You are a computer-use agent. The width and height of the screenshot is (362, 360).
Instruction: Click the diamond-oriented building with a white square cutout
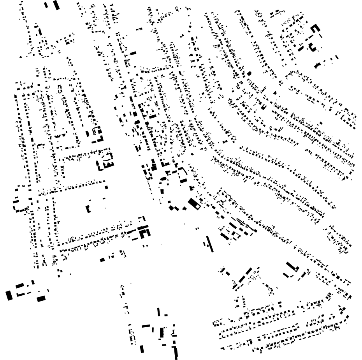pyautogui.click(x=193, y=203)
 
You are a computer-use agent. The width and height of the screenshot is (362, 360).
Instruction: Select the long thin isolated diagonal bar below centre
pyautogui.click(x=209, y=244)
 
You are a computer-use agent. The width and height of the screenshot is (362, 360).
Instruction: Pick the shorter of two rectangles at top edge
pyautogui.click(x=46, y=5)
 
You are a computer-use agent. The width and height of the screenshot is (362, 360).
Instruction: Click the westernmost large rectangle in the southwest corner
pyautogui.click(x=9, y=295)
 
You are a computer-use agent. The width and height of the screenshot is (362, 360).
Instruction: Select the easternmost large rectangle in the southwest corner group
pyautogui.click(x=41, y=299)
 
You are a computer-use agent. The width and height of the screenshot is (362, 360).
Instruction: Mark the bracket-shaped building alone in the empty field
pyautogui.click(x=88, y=208)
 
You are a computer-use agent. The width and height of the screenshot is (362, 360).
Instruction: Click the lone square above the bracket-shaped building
pyautogui.click(x=106, y=187)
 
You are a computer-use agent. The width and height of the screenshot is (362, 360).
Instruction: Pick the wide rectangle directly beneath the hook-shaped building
pyautogui.click(x=183, y=180)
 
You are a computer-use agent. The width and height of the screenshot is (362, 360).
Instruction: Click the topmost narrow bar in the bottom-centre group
pyautogui.click(x=159, y=312)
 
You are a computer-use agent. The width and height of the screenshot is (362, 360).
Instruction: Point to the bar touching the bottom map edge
pyautogui.click(x=176, y=353)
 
